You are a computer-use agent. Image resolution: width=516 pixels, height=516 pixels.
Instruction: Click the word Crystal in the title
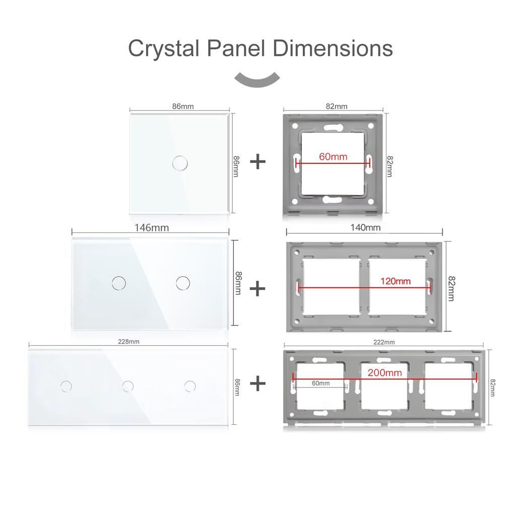[x=163, y=49]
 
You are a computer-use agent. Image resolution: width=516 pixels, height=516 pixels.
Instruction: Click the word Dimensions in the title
[x=333, y=49]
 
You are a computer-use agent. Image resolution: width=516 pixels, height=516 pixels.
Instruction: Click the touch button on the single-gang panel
[x=178, y=162]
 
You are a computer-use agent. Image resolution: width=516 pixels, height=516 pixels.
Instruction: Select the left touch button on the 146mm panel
[x=118, y=282]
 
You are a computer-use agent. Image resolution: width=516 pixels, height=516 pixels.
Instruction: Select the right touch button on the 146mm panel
[x=182, y=282]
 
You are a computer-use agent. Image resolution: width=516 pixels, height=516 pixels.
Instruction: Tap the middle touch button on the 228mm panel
[x=128, y=386]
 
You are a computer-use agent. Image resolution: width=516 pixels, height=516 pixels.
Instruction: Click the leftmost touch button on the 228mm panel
[x=66, y=386]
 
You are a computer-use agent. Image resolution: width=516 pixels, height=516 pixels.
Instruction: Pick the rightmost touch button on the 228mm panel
[x=190, y=386]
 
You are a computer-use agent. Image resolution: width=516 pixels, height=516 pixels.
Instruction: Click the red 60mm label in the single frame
[x=333, y=156]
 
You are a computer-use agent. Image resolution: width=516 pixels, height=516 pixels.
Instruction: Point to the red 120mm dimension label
[x=396, y=281]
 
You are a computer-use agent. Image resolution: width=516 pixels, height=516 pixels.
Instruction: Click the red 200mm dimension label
[x=384, y=373]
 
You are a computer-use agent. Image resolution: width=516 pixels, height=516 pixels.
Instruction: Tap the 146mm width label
[x=151, y=227]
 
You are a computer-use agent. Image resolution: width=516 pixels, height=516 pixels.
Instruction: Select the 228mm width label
[x=128, y=341]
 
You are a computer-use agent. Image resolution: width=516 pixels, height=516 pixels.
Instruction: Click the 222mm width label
[x=384, y=342]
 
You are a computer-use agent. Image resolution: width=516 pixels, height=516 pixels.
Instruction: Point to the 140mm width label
[x=365, y=227]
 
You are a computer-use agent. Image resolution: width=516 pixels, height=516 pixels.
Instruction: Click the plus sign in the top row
[x=257, y=162]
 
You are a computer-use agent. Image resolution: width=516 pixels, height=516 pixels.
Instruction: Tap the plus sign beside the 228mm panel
[x=257, y=383]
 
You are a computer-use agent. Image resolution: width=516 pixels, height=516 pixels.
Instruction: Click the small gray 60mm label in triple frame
[x=320, y=383]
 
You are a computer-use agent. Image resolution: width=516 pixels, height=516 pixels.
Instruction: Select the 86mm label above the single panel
[x=183, y=106]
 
